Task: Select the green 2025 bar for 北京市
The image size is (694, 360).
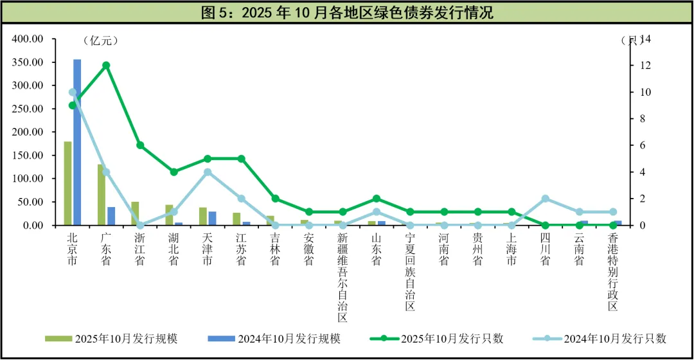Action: [x=67, y=183]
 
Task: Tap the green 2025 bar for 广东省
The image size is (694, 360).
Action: [x=102, y=195]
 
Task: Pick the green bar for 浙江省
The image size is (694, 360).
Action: [x=135, y=213]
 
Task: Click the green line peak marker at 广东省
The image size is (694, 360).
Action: [x=106, y=65]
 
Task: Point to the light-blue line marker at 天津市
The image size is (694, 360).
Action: [x=208, y=172]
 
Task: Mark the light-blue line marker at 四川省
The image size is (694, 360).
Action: [x=546, y=199]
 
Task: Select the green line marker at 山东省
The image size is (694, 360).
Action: [x=377, y=199]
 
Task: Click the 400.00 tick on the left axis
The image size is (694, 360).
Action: [x=27, y=39]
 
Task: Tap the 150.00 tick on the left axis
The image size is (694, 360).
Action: [x=27, y=156]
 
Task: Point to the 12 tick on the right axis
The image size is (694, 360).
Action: [x=643, y=66]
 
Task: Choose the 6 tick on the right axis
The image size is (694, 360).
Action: [x=640, y=145]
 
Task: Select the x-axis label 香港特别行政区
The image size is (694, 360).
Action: [x=613, y=271]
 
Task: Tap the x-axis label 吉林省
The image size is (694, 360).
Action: [x=275, y=249]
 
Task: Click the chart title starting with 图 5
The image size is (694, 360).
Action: [x=347, y=12]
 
